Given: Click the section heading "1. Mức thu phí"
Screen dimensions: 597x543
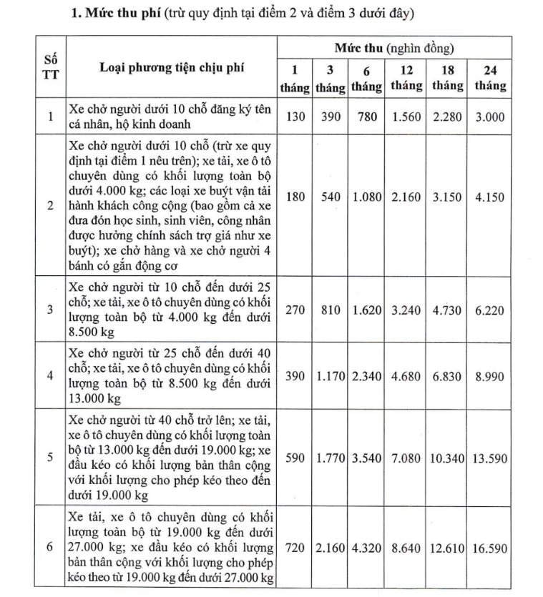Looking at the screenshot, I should pyautogui.click(x=114, y=14).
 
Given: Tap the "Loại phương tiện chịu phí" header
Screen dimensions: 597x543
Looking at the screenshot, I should pyautogui.click(x=172, y=67).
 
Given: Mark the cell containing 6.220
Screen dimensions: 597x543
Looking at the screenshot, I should pyautogui.click(x=491, y=310).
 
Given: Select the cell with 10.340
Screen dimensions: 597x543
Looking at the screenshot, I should pyautogui.click(x=448, y=457).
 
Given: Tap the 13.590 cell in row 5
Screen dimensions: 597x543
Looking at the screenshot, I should pyautogui.click(x=491, y=457).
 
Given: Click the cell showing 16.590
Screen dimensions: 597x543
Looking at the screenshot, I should pyautogui.click(x=491, y=548).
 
